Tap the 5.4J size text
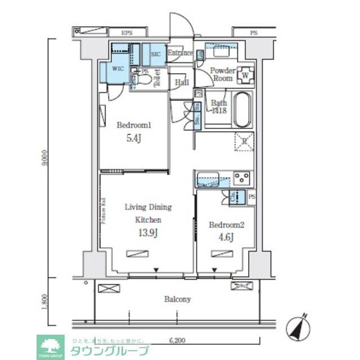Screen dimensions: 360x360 point(133,138)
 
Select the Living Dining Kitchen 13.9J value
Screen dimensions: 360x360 point(148,233)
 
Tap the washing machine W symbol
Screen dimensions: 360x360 point(245,74)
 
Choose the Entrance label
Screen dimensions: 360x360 point(181,53)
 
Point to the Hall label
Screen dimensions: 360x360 point(181,83)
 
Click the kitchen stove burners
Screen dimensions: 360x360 point(242,179)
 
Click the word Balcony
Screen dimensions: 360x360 point(177,299)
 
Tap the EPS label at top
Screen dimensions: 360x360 point(127,33)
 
